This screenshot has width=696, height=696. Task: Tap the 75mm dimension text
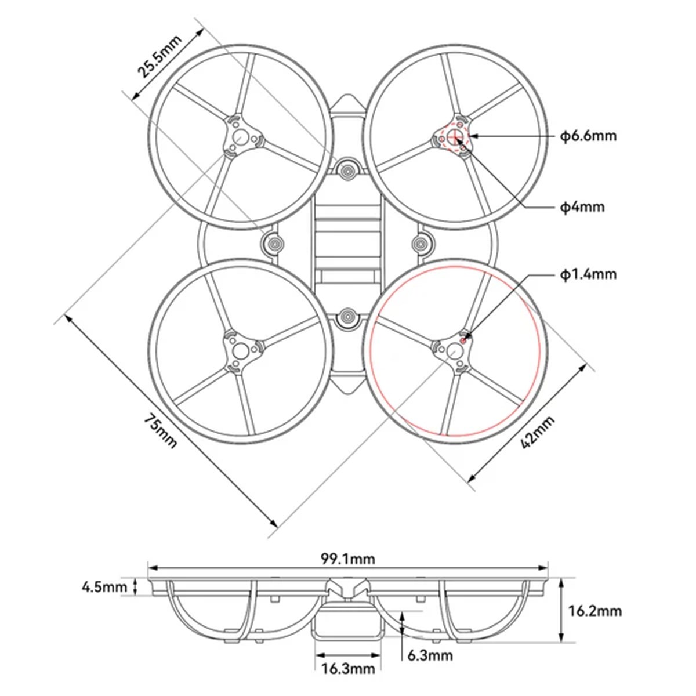(160, 430)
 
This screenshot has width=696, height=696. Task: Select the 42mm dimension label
(538, 433)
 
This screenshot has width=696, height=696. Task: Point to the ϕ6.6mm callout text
(588, 136)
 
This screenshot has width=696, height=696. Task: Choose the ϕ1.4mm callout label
(588, 274)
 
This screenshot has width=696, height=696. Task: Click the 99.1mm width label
(348, 559)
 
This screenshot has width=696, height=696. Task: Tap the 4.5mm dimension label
(104, 587)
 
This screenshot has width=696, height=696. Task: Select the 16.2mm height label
(594, 611)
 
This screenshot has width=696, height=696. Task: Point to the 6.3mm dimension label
(430, 655)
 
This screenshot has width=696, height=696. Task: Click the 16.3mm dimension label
(348, 669)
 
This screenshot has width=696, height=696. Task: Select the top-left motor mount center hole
(240, 137)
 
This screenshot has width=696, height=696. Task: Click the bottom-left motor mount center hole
(240, 350)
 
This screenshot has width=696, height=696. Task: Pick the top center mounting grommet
(347, 170)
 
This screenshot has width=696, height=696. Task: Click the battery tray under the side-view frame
(348, 626)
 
